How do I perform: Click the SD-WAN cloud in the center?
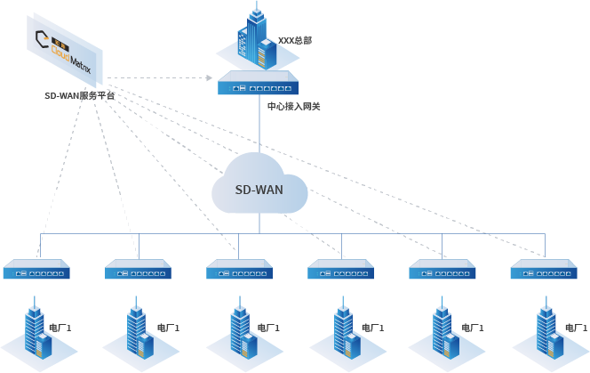tap(259, 188)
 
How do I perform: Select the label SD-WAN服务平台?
tap(79, 95)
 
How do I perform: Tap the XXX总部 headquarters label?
tap(295, 40)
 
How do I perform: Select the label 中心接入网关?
tap(294, 107)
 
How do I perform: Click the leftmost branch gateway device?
tap(37, 269)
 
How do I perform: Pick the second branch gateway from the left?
tap(138, 269)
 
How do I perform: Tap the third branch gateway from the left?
tap(240, 269)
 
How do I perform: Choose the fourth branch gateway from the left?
tap(341, 269)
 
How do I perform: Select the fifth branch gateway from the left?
tap(442, 269)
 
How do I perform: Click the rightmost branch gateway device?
tap(545, 269)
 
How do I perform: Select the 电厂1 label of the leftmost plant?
tap(60, 328)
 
